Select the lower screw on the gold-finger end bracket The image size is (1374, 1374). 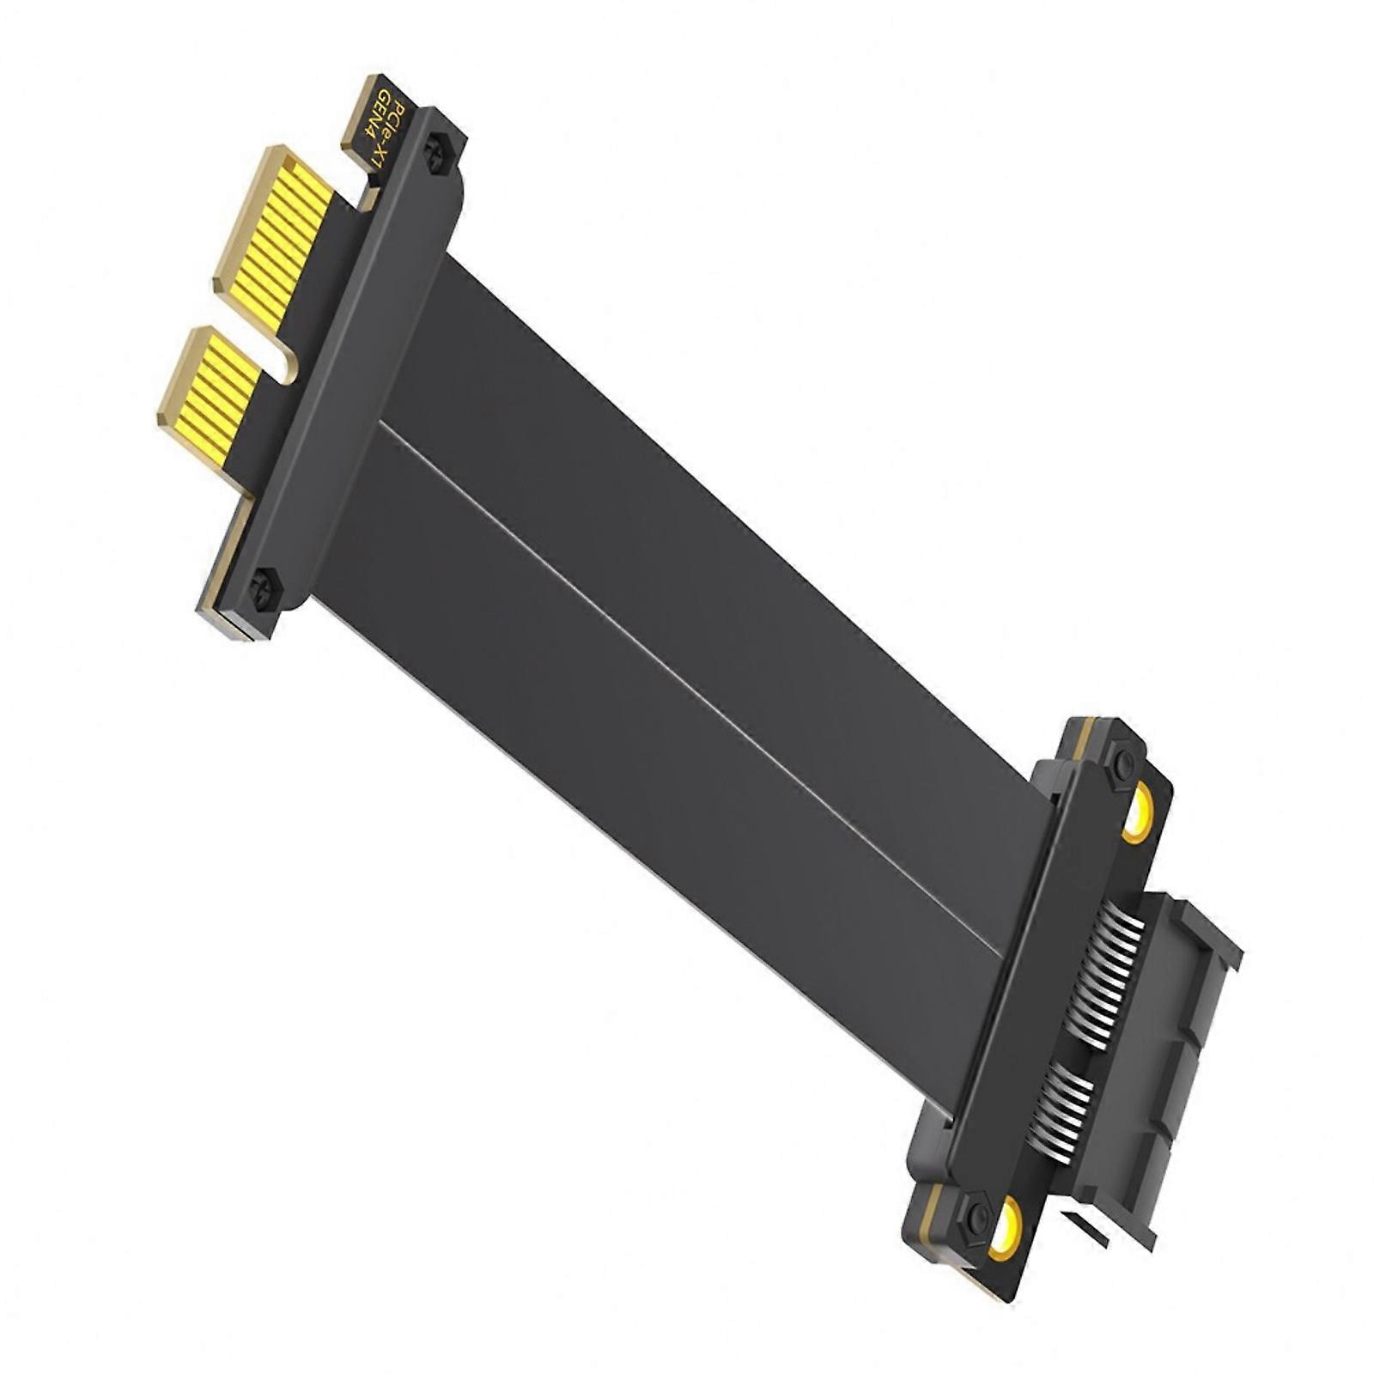pyautogui.click(x=262, y=587)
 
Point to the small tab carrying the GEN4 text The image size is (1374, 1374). pyautogui.click(x=376, y=120)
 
